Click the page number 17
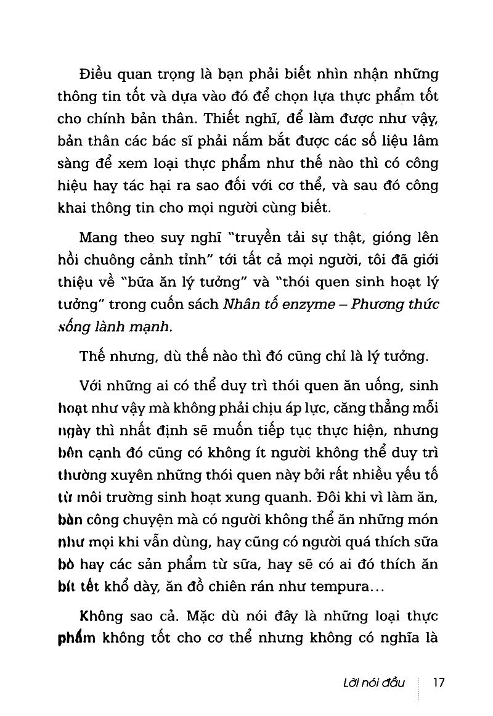tap(439, 683)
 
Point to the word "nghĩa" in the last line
tap(392, 638)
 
